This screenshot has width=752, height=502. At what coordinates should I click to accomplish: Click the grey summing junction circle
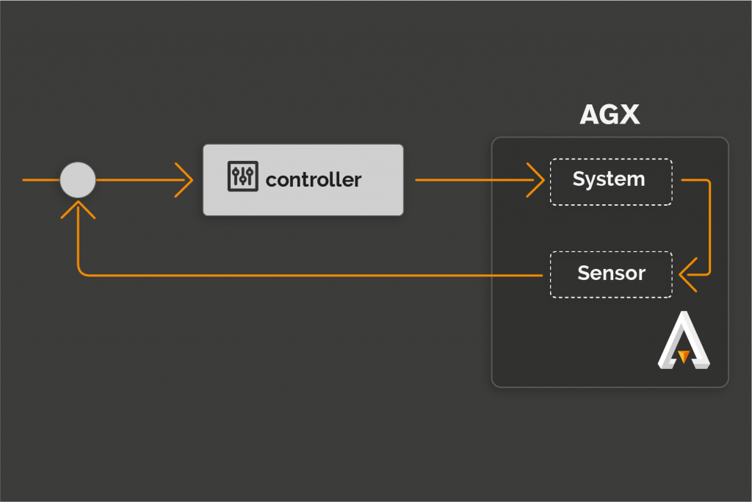coord(78,180)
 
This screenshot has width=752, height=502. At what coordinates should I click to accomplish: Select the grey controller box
coord(303,180)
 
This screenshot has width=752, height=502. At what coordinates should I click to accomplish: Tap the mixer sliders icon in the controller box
coord(242,176)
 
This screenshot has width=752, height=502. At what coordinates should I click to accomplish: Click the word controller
coord(314,180)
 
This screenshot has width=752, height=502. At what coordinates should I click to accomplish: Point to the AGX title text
coord(610,115)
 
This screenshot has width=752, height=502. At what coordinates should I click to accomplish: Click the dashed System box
coord(611,182)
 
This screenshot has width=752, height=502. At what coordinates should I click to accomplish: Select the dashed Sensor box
coord(611,274)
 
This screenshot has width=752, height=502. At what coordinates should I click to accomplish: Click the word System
coord(609,179)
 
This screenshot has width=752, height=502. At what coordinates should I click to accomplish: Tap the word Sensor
coord(612,273)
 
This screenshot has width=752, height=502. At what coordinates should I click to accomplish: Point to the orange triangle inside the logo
coord(684,356)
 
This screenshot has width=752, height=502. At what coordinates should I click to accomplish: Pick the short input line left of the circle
coord(41,180)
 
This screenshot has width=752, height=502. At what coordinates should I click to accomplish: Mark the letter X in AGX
coord(628,115)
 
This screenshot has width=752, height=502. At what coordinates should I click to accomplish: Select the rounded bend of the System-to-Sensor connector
coord(708,182)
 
